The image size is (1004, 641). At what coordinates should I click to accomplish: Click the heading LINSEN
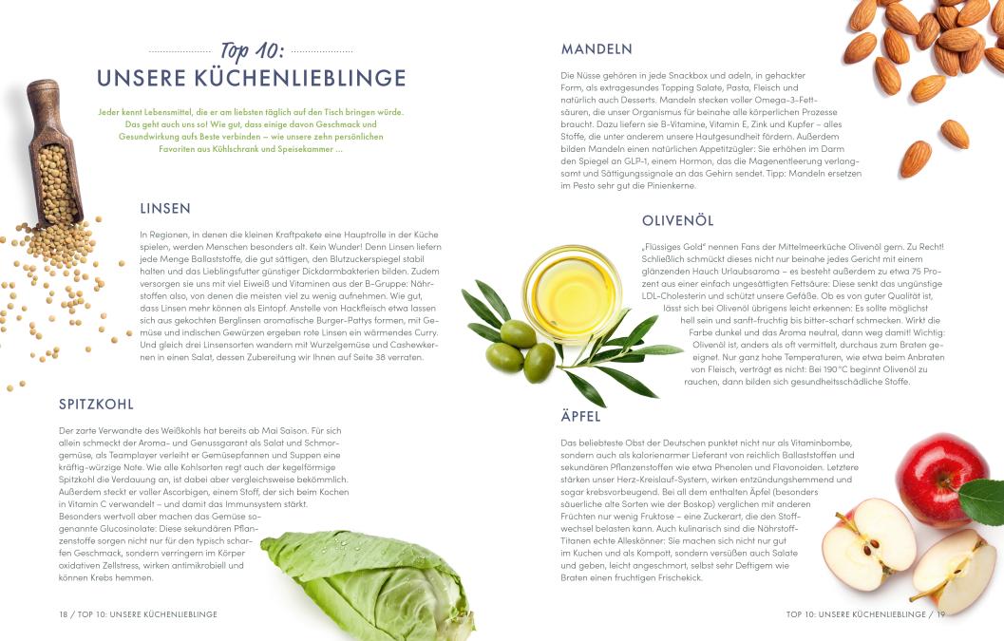tap(165, 208)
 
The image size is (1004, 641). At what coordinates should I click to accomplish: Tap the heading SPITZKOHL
tap(96, 404)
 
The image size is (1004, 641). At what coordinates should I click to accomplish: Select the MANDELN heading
tap(597, 48)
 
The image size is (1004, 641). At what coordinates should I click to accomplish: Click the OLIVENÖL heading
tap(677, 221)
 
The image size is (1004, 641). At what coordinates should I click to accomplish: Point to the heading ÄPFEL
tap(580, 416)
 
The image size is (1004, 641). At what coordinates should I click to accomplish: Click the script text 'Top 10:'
tap(252, 50)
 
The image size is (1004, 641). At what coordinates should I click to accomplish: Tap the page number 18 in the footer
tap(64, 614)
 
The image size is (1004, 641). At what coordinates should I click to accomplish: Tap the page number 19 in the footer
tap(940, 614)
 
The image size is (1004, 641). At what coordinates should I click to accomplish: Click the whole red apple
tap(943, 480)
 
